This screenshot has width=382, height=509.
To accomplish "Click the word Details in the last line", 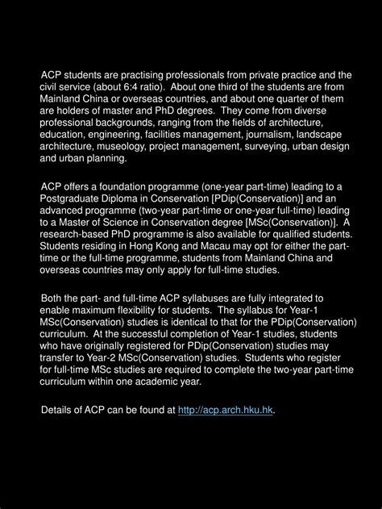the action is coord(60,411).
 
